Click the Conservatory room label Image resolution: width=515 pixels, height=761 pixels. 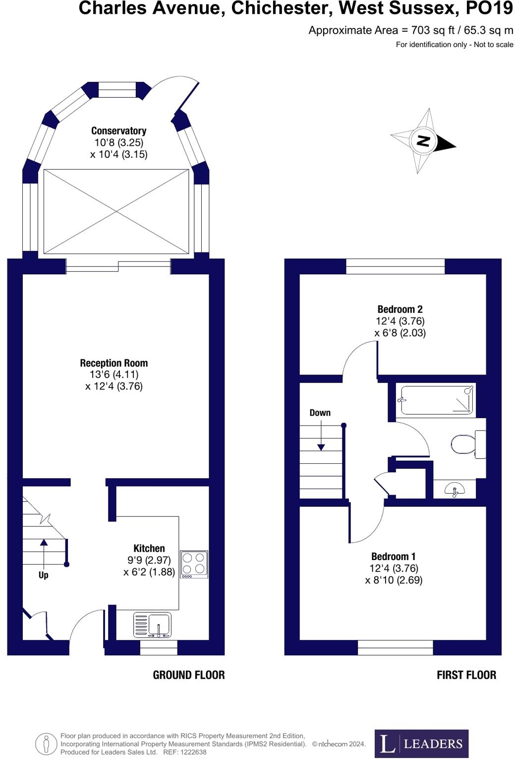(x=118, y=131)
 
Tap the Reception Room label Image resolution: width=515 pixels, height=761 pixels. (x=114, y=363)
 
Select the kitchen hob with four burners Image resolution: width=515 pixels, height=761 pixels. (x=194, y=564)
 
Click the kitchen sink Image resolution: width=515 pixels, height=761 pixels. (x=153, y=625)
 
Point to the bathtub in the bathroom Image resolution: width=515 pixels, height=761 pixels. (x=436, y=400)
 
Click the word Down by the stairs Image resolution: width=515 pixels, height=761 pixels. (x=320, y=413)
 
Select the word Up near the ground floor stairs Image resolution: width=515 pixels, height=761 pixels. (x=43, y=575)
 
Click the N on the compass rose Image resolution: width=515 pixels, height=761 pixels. (x=423, y=141)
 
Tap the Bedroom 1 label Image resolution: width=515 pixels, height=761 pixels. (x=394, y=557)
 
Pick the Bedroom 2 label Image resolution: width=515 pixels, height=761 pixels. (x=400, y=310)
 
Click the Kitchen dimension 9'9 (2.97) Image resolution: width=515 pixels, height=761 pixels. (x=149, y=560)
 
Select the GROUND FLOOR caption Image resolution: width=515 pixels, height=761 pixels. (x=188, y=675)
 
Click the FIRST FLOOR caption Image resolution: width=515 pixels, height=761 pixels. (x=466, y=675)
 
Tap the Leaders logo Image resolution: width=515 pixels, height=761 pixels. (x=421, y=744)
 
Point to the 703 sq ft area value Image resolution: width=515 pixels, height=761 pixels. (x=433, y=30)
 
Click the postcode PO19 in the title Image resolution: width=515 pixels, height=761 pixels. (x=489, y=8)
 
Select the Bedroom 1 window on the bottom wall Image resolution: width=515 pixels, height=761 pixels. (x=395, y=647)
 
